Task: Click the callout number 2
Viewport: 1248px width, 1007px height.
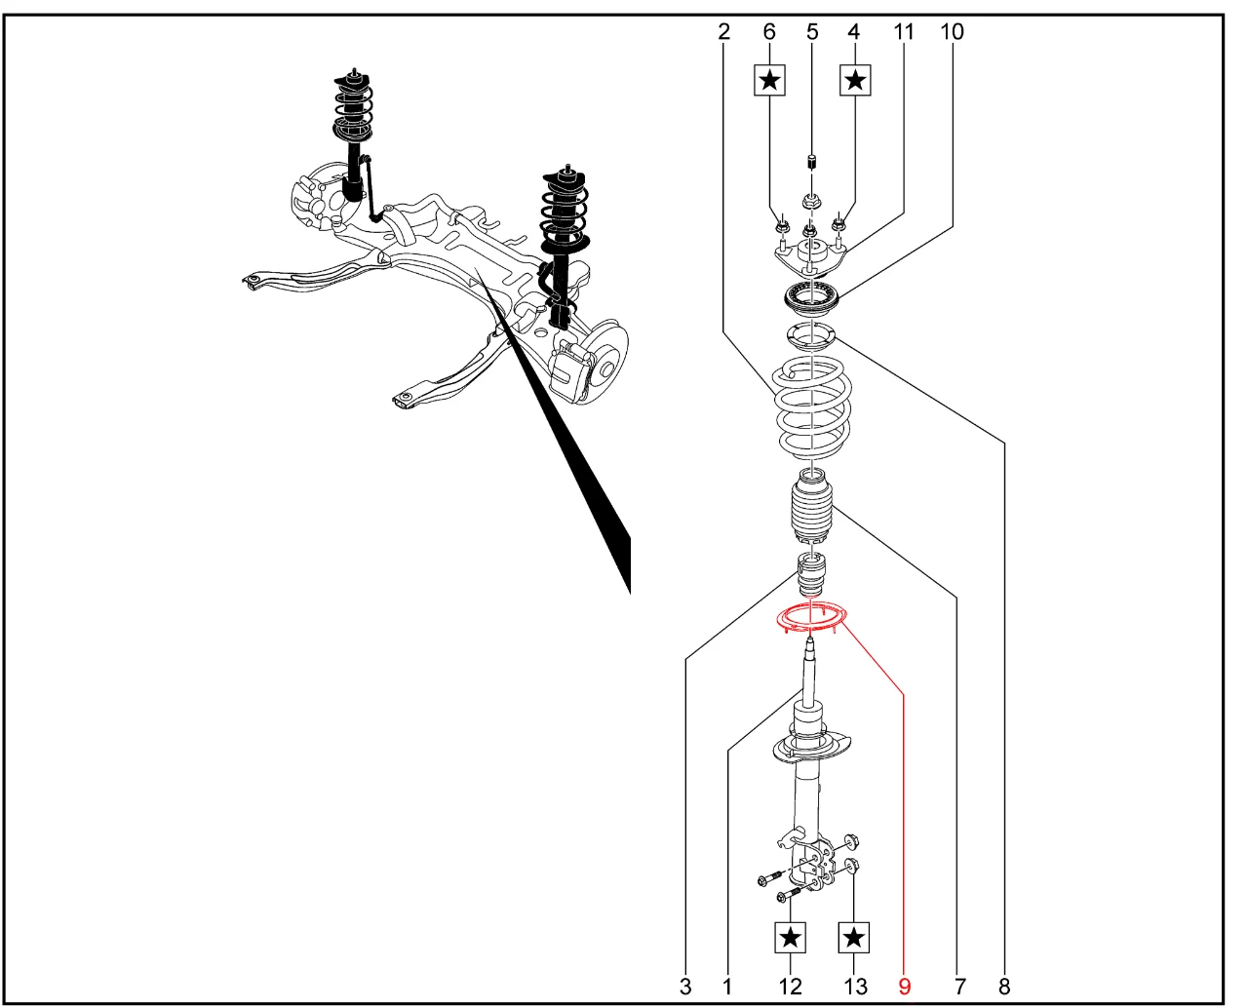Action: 723,31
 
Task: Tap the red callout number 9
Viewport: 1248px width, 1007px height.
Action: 904,987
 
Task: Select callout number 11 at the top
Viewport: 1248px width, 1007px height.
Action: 903,31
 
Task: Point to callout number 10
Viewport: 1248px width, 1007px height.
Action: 952,31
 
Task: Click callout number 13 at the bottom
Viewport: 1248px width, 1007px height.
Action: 855,987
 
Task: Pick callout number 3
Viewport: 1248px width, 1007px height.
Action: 685,987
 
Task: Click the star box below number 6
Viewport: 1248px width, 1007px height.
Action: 769,80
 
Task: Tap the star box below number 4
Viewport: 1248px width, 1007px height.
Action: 855,80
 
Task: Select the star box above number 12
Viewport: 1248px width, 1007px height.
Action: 791,938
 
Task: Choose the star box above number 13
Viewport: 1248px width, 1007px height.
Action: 854,938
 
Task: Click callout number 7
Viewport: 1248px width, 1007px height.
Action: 959,987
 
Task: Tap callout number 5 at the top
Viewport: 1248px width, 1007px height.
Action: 812,31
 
